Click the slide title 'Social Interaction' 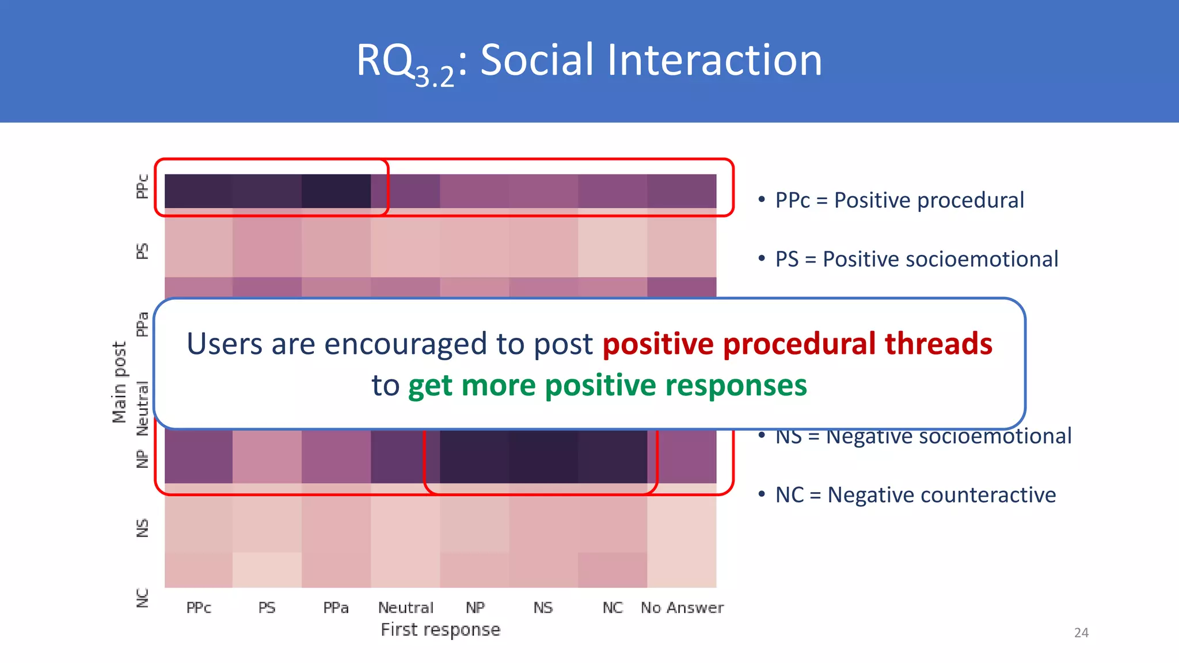coord(651,60)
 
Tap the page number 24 coord(1081,632)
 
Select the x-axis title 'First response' coord(440,630)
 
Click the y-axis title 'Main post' coord(119,382)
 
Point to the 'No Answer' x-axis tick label coord(682,608)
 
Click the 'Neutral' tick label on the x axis coord(405,608)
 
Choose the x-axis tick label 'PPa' coord(336,608)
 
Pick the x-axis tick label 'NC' coord(613,608)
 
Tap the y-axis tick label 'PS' coord(142,252)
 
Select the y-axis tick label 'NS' coord(142,528)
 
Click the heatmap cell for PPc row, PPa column coord(336,191)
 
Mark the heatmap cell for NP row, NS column coord(543,456)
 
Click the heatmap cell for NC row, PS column coord(267,570)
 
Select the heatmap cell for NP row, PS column coord(267,456)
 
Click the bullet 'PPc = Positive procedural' coord(899,200)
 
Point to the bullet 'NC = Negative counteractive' coord(915,495)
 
